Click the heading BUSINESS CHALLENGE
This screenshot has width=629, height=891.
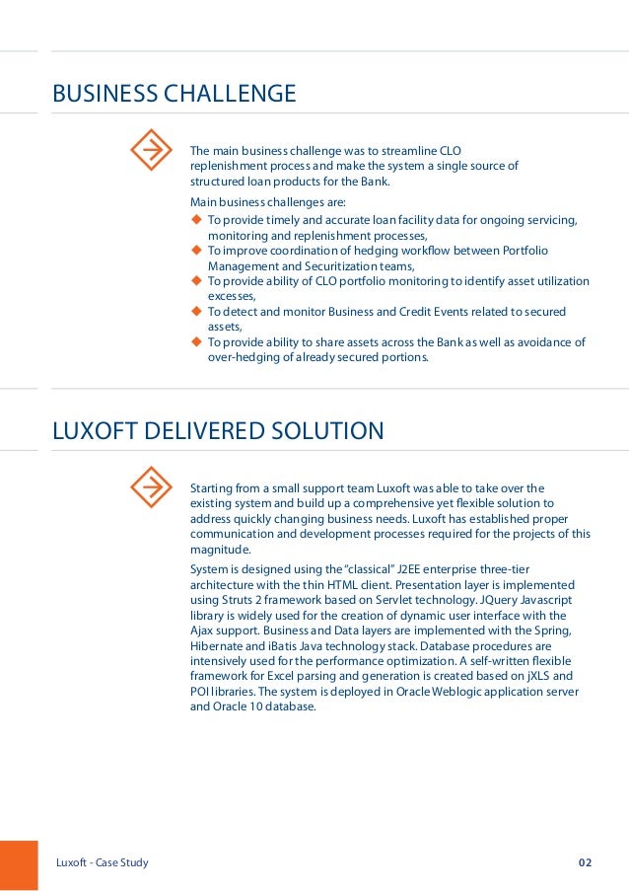(174, 95)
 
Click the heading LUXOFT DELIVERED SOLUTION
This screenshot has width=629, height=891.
(218, 431)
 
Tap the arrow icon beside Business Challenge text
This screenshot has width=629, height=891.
(152, 150)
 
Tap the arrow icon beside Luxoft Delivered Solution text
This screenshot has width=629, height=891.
(152, 487)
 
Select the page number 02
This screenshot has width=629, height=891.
(586, 863)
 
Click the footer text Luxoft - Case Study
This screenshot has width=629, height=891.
(103, 863)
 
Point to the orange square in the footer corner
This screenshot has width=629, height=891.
(18, 865)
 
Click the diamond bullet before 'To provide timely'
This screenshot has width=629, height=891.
(196, 219)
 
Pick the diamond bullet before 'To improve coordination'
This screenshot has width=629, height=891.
(196, 251)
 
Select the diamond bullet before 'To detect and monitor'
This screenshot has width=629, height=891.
(196, 312)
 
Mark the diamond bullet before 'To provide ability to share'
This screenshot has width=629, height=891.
(196, 342)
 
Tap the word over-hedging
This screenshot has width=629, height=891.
(240, 358)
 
